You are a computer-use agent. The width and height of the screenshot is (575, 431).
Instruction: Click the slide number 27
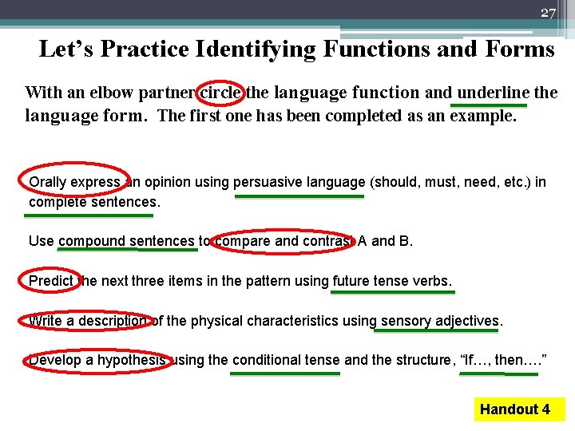tap(547, 12)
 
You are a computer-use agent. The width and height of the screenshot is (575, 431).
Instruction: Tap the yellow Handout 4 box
tap(515, 409)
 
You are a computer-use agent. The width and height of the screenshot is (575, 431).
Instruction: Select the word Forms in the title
tap(519, 49)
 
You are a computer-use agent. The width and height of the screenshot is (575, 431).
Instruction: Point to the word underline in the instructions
tap(492, 93)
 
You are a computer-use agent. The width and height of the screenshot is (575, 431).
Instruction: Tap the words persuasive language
tap(299, 182)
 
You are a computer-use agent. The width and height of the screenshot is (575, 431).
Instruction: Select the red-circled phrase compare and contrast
tap(284, 241)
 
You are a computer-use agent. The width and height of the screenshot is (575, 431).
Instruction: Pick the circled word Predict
tap(50, 281)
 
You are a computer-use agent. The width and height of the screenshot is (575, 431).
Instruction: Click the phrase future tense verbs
tap(391, 281)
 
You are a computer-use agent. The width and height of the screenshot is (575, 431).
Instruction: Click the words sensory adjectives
tap(439, 321)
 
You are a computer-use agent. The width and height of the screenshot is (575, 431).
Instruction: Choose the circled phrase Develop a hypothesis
tap(97, 360)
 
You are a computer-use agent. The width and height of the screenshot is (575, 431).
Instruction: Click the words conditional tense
tap(286, 360)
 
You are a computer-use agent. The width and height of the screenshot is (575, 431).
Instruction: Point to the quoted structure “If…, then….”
tap(504, 360)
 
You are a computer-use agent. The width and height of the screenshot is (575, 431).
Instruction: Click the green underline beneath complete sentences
tap(89, 215)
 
